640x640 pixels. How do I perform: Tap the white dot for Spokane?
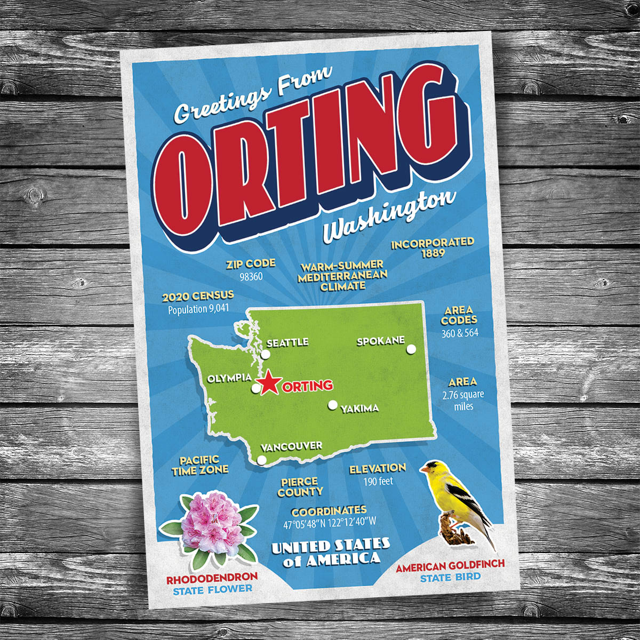click(411, 349)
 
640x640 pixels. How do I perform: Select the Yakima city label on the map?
click(360, 409)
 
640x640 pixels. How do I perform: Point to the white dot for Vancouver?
click(261, 460)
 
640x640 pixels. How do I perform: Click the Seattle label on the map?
click(287, 342)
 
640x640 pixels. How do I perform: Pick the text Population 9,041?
click(199, 309)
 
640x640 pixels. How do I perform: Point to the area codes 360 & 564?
click(460, 333)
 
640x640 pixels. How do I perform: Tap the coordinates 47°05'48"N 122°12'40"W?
click(330, 523)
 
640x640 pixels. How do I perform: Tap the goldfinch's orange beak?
click(422, 470)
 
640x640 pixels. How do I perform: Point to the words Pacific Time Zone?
click(199, 465)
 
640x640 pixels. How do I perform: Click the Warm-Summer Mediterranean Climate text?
click(340, 275)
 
